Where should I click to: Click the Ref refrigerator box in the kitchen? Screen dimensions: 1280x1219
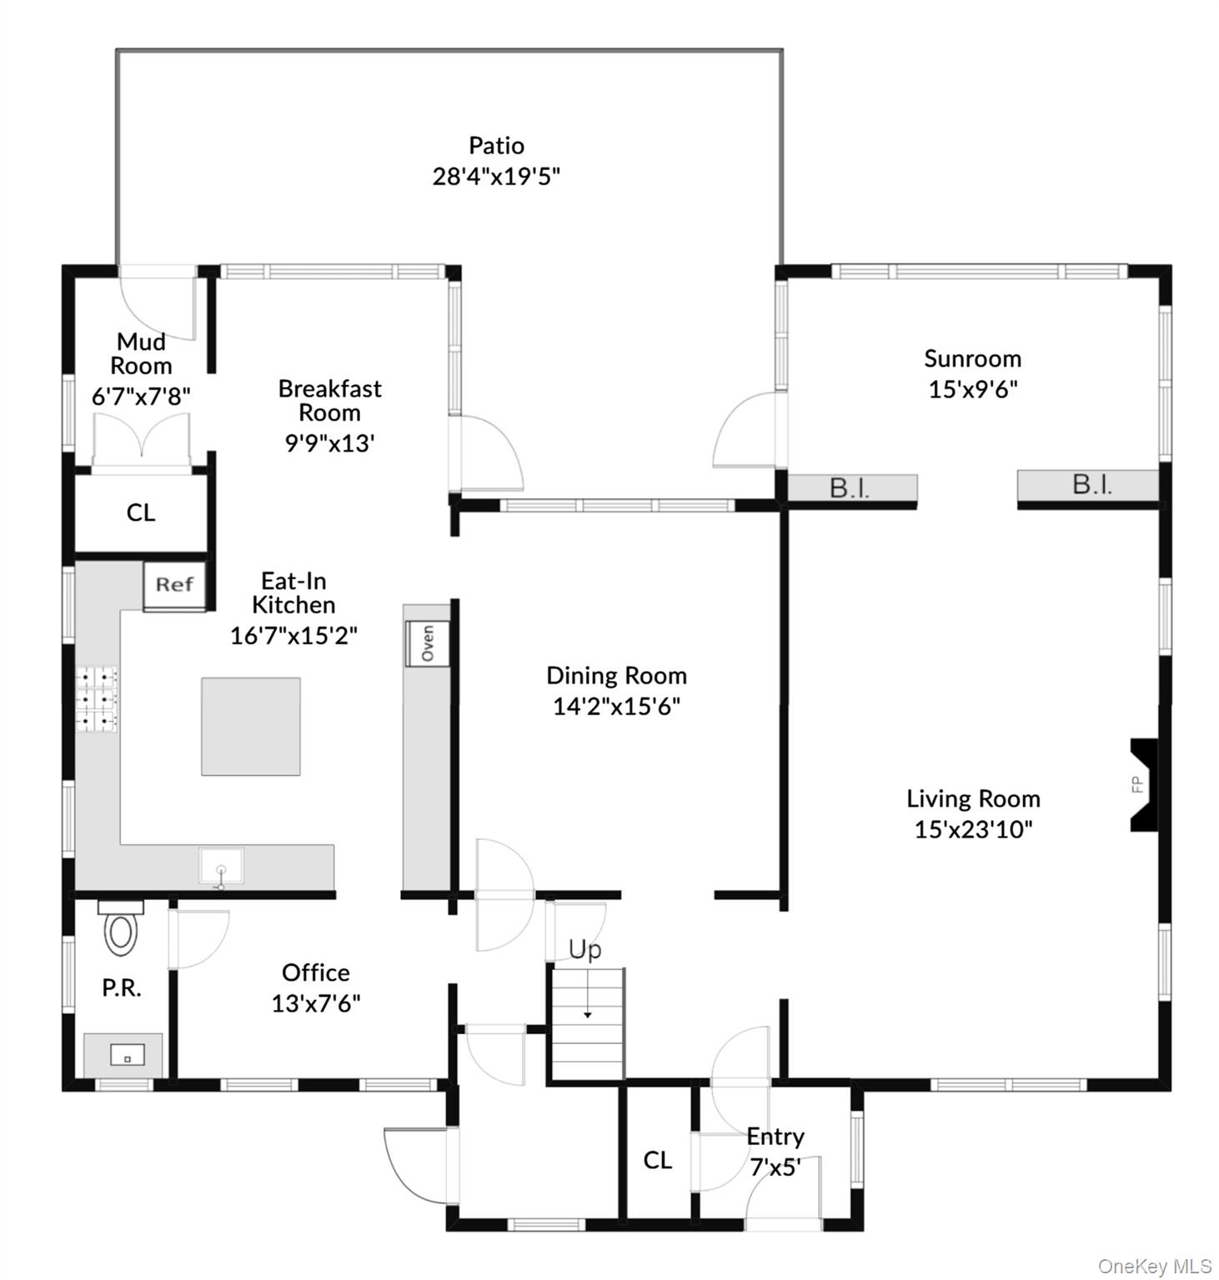[174, 585]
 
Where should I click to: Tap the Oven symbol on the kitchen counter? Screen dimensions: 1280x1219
[427, 643]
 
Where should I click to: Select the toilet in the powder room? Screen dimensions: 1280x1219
[121, 931]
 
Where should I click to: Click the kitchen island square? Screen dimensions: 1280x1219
[250, 726]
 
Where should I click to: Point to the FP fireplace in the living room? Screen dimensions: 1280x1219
[1141, 784]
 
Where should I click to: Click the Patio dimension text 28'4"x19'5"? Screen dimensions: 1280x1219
[496, 177]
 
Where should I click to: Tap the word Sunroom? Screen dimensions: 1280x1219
[972, 359]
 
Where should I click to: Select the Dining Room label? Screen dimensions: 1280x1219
[616, 676]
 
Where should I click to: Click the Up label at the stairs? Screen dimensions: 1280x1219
[584, 950]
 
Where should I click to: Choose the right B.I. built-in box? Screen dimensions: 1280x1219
[1091, 485]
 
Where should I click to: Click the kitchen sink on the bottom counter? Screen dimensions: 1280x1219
[221, 867]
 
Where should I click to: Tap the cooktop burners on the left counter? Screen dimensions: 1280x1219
[97, 699]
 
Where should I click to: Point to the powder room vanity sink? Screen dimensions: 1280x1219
[127, 1056]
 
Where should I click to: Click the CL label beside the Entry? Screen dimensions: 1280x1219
[657, 1160]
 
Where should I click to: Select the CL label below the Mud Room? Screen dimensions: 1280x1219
[141, 512]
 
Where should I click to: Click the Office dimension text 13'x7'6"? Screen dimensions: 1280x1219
[315, 1003]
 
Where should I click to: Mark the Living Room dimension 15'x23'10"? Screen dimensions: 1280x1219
[973, 830]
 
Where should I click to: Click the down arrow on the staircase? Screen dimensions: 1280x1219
[588, 1014]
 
